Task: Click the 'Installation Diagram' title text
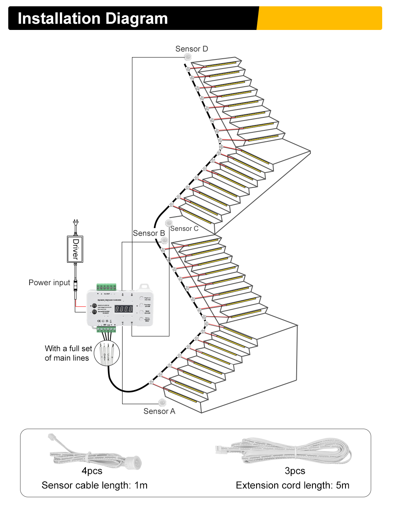click(x=93, y=19)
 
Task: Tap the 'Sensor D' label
click(x=191, y=49)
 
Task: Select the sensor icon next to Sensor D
click(x=188, y=58)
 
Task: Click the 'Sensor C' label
click(x=184, y=228)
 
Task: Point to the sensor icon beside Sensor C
click(x=169, y=223)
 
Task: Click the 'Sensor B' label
click(x=149, y=233)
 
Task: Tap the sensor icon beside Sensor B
click(x=165, y=240)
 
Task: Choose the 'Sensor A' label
click(x=159, y=411)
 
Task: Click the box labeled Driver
click(x=75, y=249)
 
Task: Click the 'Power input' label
click(x=49, y=282)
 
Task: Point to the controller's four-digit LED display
click(x=123, y=309)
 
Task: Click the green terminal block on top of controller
click(x=107, y=287)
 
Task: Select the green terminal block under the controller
click(x=107, y=329)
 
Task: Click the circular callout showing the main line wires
click(x=106, y=353)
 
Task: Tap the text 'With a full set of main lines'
click(x=68, y=353)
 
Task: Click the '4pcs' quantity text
click(x=92, y=471)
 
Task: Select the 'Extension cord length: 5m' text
click(x=292, y=485)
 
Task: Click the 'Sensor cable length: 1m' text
click(x=95, y=485)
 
